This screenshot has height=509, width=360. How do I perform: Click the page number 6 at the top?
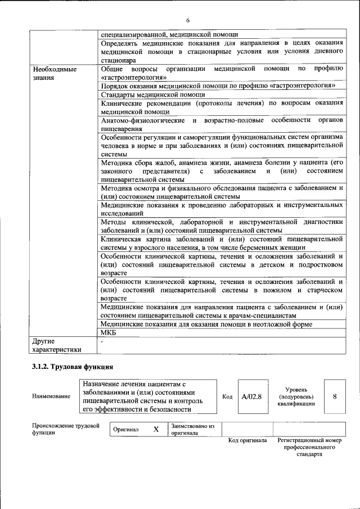(x=188, y=20)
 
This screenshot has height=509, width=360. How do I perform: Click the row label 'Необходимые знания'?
(x=55, y=73)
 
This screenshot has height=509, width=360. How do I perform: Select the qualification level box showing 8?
(x=335, y=397)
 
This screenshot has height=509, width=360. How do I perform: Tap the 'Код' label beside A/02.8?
(x=227, y=397)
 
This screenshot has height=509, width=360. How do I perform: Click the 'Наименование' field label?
(x=51, y=397)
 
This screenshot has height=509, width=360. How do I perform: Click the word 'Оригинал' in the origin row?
(x=125, y=429)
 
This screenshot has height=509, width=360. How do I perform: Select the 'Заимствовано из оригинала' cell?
(x=193, y=429)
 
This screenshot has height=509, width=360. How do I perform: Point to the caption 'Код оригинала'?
(x=247, y=440)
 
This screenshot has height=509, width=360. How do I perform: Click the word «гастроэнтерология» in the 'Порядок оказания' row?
(x=303, y=85)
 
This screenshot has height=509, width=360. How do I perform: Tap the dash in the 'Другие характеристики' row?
(x=101, y=341)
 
